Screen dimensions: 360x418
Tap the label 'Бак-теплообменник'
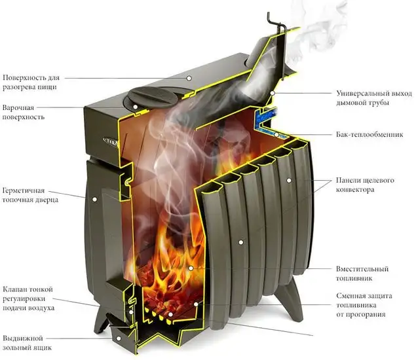click(366, 135)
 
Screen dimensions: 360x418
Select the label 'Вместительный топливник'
click(362, 273)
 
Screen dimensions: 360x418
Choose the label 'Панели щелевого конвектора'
click(364, 185)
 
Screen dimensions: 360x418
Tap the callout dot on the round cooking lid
click(134, 104)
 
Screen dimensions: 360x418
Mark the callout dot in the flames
click(191, 268)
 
